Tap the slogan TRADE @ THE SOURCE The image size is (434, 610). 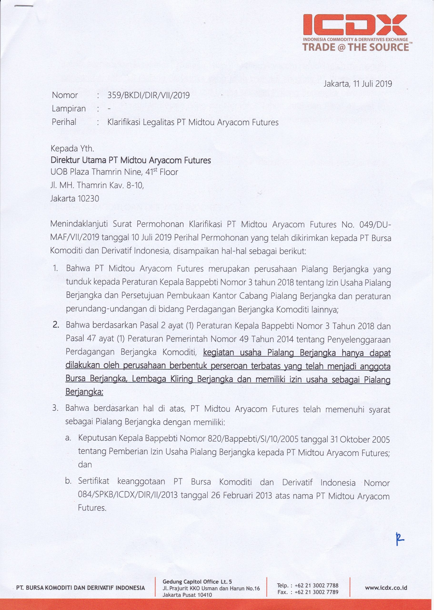tap(356, 48)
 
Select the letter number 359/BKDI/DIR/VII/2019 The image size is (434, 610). tap(148, 95)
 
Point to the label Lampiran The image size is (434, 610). tap(69, 109)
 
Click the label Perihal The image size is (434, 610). tap(64, 122)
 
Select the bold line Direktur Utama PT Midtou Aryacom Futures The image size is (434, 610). tap(131, 160)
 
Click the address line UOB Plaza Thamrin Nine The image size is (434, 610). tap(114, 172)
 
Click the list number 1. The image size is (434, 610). tap(55, 268)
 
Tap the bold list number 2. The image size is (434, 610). tap(56, 325)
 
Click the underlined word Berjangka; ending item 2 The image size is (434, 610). tap(84, 392)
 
